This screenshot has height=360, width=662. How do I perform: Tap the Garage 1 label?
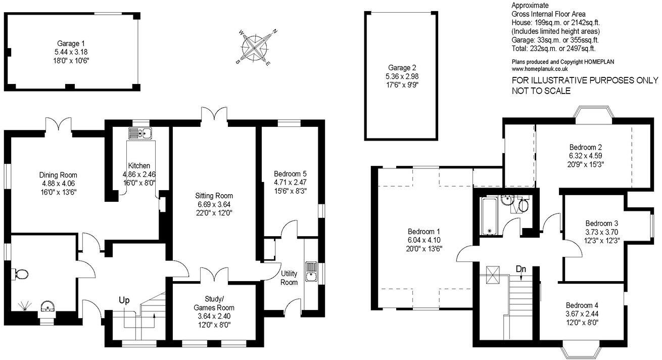(71, 43)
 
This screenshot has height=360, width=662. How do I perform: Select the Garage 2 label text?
(402, 67)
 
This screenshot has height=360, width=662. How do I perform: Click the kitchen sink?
(141, 133)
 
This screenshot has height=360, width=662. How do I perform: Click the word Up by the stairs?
(124, 300)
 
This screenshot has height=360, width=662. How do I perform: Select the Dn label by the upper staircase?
(521, 269)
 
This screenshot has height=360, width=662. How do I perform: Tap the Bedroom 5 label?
(287, 173)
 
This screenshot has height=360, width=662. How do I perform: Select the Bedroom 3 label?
(602, 223)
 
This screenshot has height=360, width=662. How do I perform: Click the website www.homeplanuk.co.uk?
(540, 68)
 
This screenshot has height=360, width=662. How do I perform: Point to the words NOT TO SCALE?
(541, 91)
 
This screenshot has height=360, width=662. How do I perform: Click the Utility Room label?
(289, 278)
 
